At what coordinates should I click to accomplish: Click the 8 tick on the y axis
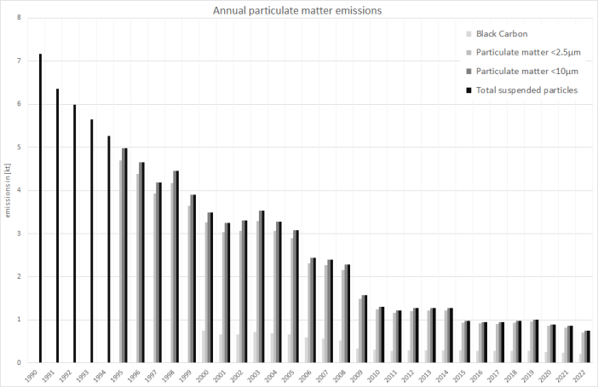19,18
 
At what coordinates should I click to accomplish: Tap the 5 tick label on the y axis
19,147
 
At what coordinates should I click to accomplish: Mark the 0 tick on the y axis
19,363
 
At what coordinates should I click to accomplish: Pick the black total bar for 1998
177,267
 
